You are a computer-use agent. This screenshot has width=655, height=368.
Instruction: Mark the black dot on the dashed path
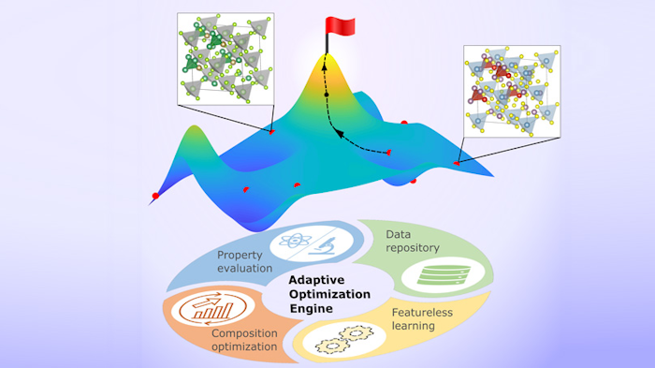(x=327, y=96)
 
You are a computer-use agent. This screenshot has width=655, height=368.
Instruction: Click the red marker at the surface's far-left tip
(x=155, y=196)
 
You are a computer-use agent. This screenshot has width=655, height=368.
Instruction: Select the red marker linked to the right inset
(x=458, y=164)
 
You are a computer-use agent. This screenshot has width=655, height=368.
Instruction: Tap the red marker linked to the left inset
(x=272, y=132)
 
